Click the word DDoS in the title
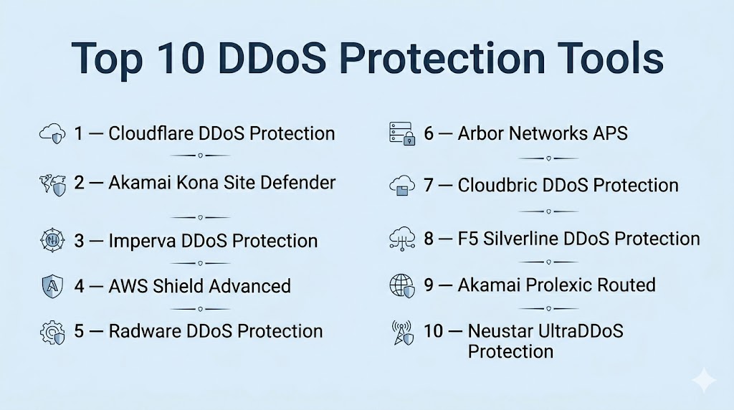pyautogui.click(x=272, y=58)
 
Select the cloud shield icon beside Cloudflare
pyautogui.click(x=52, y=133)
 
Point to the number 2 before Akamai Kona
pyautogui.click(x=79, y=183)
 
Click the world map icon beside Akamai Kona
pyautogui.click(x=52, y=185)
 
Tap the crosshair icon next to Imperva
pyautogui.click(x=52, y=240)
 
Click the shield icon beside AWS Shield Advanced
pyautogui.click(x=52, y=287)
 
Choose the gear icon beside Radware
pyautogui.click(x=52, y=333)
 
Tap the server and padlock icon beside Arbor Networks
pyautogui.click(x=402, y=134)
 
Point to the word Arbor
pyautogui.click(x=480, y=133)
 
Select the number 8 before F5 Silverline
pyautogui.click(x=429, y=239)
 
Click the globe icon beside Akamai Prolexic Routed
pyautogui.click(x=402, y=285)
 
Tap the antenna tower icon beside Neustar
pyautogui.click(x=403, y=333)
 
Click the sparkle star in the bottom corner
pyautogui.click(x=704, y=381)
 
